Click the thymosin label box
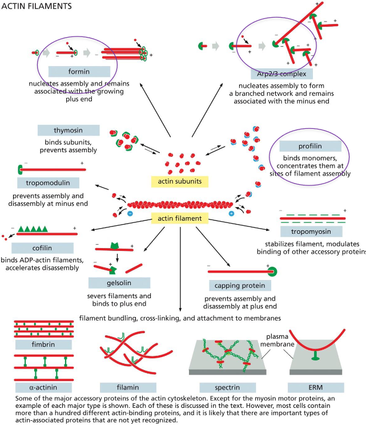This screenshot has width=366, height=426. point(69,131)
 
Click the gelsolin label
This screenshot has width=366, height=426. point(119,283)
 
